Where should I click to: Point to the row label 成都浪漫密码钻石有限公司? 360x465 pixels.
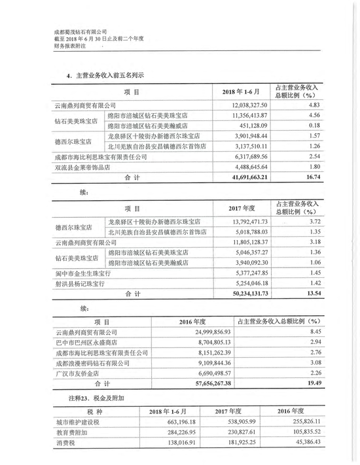coord(91,362)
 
